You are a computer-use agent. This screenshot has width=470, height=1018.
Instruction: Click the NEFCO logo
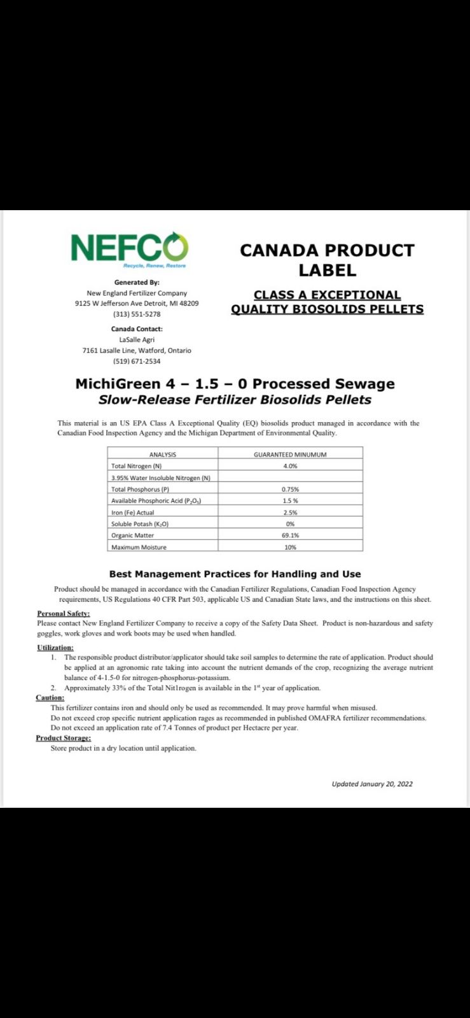(x=129, y=248)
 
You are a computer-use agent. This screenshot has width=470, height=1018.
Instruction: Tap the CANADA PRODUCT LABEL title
(x=327, y=260)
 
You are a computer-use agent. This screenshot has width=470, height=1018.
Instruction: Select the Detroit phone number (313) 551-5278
(x=137, y=314)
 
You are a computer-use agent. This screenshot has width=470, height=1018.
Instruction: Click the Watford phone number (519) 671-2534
(x=137, y=361)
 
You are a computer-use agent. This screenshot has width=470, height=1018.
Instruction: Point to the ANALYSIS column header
(x=162, y=455)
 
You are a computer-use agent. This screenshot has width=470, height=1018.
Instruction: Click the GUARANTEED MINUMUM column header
(x=290, y=455)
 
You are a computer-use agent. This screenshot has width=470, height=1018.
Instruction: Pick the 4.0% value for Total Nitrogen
(x=290, y=466)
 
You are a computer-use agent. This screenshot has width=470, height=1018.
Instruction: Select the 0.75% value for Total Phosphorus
(x=290, y=490)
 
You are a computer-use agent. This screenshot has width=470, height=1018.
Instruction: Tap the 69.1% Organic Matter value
(x=290, y=535)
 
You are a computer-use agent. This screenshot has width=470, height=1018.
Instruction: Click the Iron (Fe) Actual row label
(x=132, y=513)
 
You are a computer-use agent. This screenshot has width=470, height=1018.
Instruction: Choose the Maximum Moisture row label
(x=139, y=547)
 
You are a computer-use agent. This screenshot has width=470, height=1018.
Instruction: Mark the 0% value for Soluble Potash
(x=290, y=524)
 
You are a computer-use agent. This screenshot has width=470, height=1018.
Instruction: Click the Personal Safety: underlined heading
(x=64, y=613)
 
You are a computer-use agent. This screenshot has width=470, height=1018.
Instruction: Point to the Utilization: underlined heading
(x=55, y=647)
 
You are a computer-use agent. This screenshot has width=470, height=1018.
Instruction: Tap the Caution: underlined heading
(x=50, y=698)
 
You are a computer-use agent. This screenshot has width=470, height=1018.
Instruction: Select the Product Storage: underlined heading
(x=63, y=738)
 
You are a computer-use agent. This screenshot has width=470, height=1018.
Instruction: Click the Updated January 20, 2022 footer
(x=372, y=784)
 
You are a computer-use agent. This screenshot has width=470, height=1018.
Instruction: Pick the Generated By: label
(x=137, y=282)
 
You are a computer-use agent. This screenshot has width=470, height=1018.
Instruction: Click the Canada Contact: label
(x=137, y=329)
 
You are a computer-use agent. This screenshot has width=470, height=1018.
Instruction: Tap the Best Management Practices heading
(x=235, y=574)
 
